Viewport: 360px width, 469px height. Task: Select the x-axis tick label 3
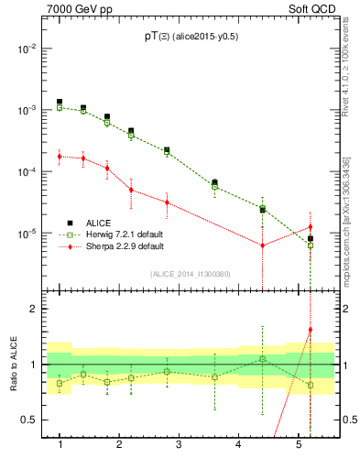(x=179, y=444)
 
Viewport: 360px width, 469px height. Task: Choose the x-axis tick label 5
(x=299, y=444)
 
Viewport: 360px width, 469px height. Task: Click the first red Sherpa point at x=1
(x=60, y=157)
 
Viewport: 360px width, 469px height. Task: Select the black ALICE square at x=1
(x=60, y=102)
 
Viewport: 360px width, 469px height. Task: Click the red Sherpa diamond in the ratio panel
(x=311, y=330)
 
